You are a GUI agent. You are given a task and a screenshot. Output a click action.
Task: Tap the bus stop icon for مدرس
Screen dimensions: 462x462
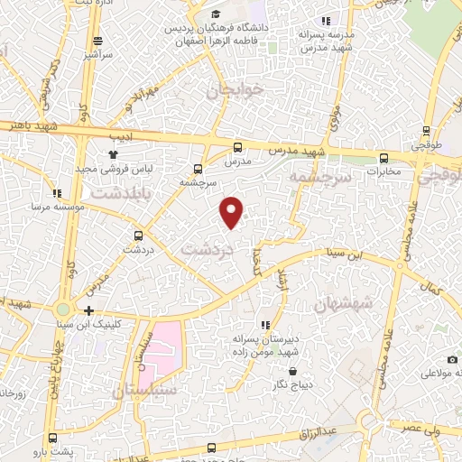tap(238, 147)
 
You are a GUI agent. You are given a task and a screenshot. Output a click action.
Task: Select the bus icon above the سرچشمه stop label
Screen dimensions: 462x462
tap(199, 168)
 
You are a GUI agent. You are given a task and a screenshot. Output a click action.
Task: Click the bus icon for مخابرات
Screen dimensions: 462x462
tap(384, 157)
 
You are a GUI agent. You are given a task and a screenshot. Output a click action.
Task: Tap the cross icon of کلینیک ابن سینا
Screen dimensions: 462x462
tap(88, 310)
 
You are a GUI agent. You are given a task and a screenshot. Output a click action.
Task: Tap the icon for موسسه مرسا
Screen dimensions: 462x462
tap(57, 193)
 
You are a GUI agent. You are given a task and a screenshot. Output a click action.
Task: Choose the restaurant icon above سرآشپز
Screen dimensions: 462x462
tap(97, 41)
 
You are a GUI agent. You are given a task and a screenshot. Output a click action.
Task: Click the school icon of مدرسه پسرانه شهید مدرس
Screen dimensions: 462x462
tap(326, 20)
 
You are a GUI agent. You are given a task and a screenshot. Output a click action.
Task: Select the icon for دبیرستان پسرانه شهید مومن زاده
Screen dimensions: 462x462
tap(264, 325)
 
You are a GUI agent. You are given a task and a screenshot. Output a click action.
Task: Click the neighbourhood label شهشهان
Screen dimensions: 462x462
tap(343, 305)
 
